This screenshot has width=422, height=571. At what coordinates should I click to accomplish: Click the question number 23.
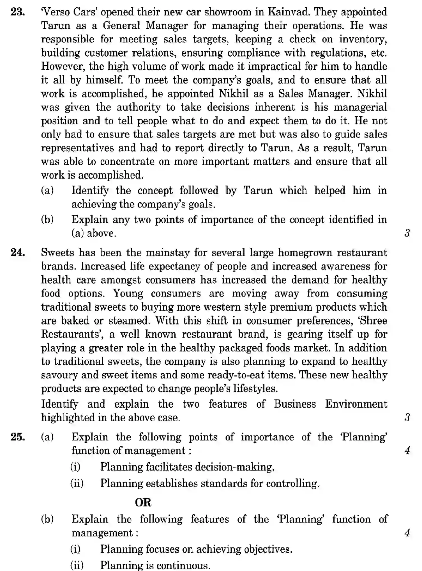click(x=18, y=12)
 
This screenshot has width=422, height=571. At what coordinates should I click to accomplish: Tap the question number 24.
click(x=18, y=253)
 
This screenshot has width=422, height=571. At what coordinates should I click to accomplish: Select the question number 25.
click(x=18, y=437)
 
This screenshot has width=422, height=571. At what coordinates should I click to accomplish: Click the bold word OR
click(x=143, y=502)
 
